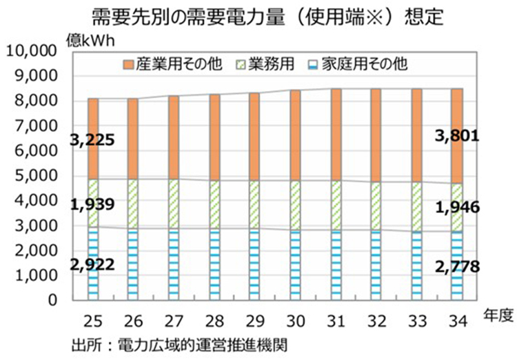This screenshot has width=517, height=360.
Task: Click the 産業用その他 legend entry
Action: click(172, 66)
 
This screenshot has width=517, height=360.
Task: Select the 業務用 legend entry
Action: click(265, 66)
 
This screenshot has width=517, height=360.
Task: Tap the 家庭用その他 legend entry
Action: click(358, 66)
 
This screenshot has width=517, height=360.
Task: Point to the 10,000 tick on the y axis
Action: click(30, 52)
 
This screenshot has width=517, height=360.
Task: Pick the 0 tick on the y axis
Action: click(51, 301)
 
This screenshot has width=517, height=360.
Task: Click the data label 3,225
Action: click(92, 141)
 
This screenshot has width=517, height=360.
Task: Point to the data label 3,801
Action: click(456, 137)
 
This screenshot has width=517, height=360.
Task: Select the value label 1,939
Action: click(92, 204)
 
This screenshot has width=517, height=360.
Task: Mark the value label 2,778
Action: click(456, 266)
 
